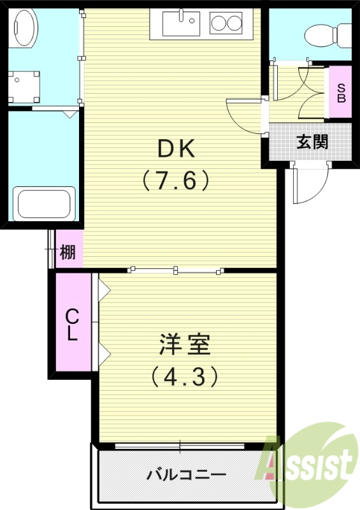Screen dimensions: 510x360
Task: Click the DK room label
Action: click(x=176, y=149)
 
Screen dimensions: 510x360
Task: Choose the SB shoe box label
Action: click(x=341, y=93)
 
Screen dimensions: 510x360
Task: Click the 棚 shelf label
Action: click(x=68, y=254)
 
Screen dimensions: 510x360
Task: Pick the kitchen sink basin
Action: click(x=181, y=23)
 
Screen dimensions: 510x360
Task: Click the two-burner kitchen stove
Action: click(x=227, y=24)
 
